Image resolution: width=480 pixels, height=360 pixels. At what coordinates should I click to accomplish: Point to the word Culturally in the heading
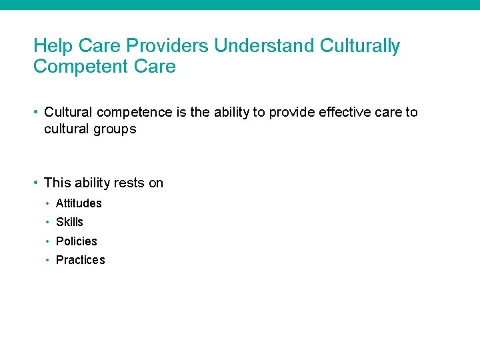click(360, 46)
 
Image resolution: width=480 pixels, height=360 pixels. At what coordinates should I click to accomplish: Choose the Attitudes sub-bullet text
click(79, 203)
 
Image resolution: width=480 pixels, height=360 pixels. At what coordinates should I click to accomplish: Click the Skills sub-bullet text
click(69, 222)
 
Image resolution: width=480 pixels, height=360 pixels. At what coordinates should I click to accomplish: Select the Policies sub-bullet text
click(76, 241)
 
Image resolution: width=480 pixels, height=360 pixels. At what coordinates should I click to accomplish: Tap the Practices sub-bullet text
click(80, 260)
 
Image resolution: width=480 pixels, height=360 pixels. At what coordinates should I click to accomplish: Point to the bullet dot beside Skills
click(48, 222)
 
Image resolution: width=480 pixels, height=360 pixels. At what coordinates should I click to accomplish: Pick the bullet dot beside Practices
click(48, 260)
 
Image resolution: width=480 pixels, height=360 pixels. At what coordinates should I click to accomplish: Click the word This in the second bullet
click(56, 183)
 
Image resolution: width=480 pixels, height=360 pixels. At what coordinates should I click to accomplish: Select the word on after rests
click(156, 183)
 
